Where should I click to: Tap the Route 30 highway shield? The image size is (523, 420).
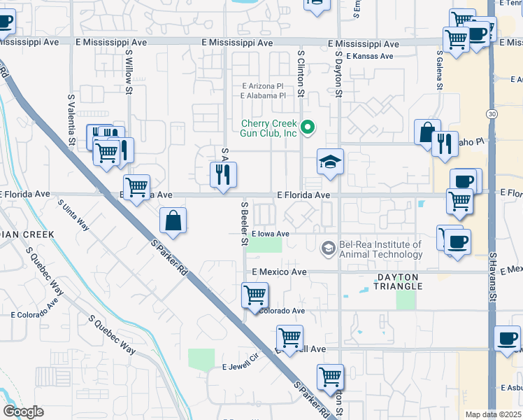coord(494,112)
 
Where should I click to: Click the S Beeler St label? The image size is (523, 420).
coord(245,223)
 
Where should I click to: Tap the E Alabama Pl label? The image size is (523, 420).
coord(264,95)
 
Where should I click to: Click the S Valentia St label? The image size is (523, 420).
coord(71,120)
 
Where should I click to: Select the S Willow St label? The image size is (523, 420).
coord(129,71)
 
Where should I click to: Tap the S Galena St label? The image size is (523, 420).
coord(440,71)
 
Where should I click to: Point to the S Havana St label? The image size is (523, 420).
coord(492,276)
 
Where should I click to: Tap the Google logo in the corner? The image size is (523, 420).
coord(23,412)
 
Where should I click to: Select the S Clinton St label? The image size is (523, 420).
coord(301,73)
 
